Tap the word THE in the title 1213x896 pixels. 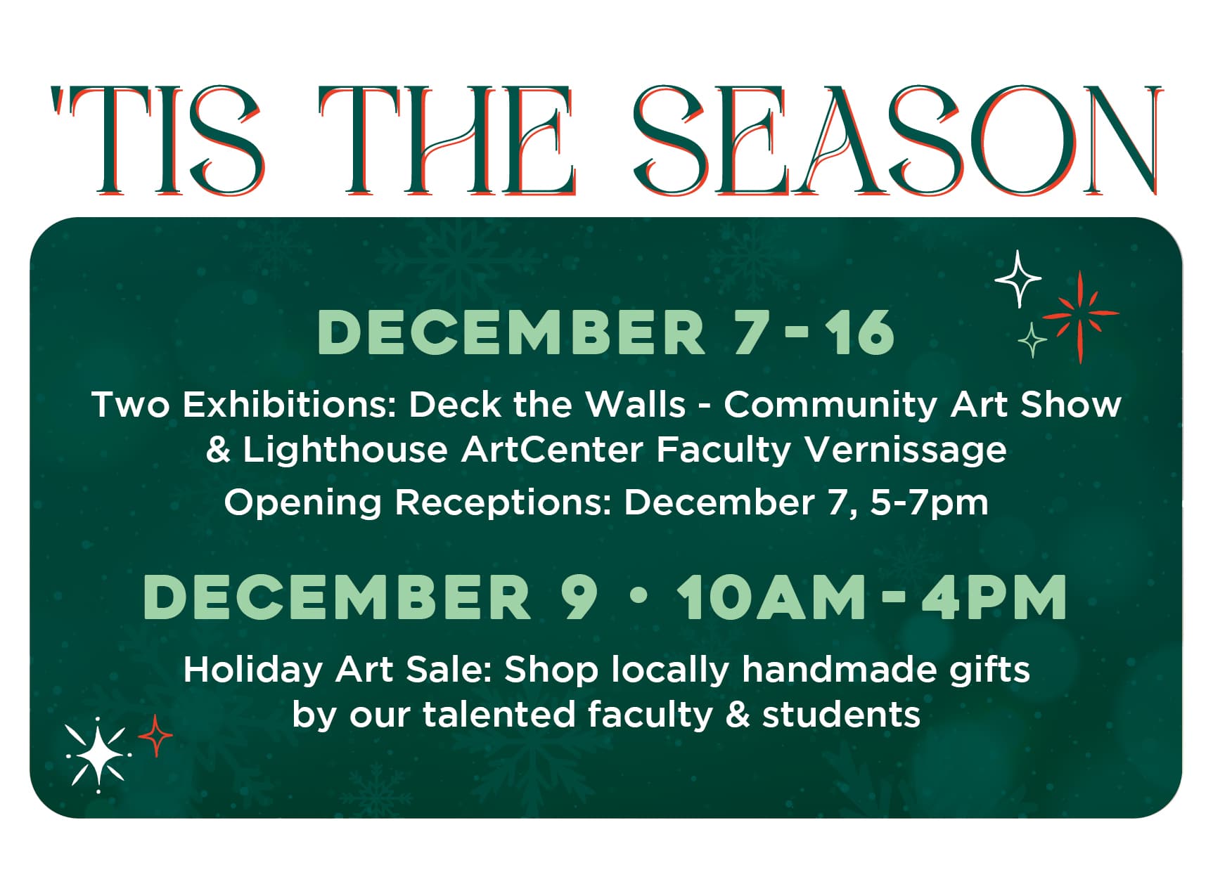447,141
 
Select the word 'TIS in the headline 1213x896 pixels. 159,141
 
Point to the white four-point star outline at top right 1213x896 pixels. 1018,279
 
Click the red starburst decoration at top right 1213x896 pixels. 1079,316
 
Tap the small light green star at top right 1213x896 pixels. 1032,340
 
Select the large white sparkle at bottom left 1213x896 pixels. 98,756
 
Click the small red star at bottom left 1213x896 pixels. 155,736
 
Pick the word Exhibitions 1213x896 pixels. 290,405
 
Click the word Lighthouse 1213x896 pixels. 345,450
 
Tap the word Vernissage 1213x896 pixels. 906,450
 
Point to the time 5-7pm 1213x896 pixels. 929,502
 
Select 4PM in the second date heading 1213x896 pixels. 994,597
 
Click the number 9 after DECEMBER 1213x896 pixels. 579,597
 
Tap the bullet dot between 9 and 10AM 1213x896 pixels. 638,596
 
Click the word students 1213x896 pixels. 841,715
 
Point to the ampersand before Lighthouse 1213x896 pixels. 218,450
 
